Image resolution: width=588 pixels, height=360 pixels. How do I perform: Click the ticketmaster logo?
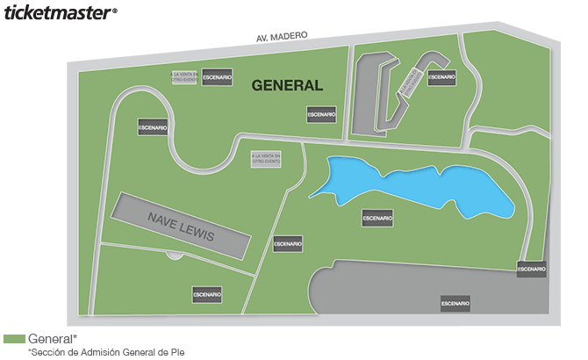point(59,13)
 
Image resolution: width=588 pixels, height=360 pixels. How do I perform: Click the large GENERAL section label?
point(287,86)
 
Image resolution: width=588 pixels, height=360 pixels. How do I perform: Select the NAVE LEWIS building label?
point(180,227)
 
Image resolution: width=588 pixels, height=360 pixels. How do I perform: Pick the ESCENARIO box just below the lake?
point(377,217)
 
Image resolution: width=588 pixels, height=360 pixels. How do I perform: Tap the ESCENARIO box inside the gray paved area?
point(455,303)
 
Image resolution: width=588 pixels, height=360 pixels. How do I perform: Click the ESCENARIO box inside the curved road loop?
point(152,127)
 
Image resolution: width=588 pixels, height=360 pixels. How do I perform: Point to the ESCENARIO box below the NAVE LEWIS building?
point(208,294)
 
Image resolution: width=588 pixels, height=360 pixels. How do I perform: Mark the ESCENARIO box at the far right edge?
point(531,269)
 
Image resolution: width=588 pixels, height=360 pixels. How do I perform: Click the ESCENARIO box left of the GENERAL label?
point(217,77)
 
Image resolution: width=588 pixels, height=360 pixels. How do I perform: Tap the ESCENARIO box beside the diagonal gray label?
point(441,77)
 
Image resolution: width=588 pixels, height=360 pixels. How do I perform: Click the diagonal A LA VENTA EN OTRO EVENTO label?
point(408,82)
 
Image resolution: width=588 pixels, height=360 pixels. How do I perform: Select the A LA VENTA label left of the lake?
point(266,161)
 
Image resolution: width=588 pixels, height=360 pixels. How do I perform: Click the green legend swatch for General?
point(14,339)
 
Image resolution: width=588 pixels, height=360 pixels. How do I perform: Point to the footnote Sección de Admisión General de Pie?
point(106,352)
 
